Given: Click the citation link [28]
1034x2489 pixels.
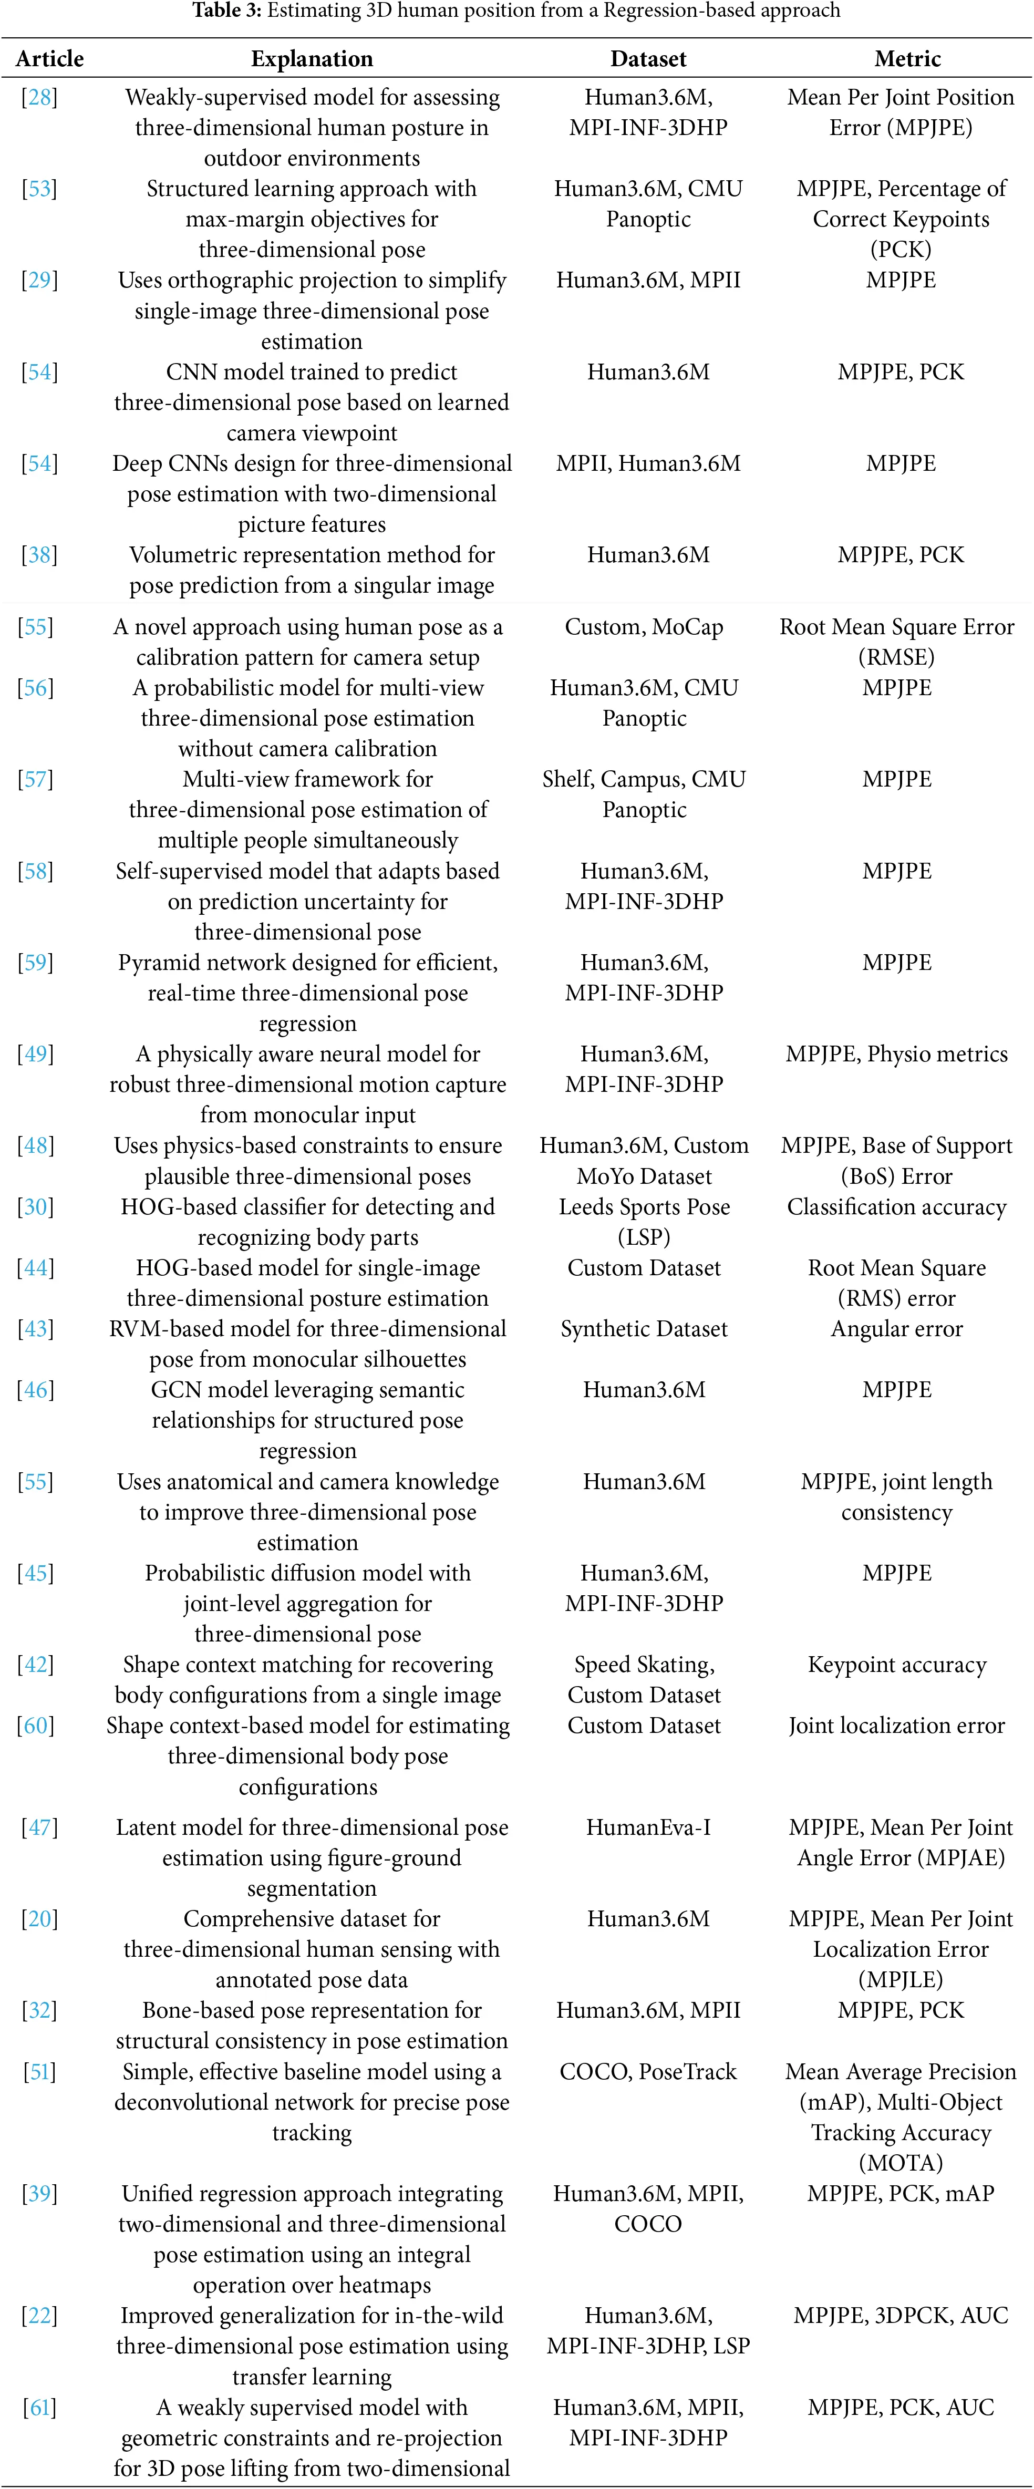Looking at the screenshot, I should pyautogui.click(x=39, y=98).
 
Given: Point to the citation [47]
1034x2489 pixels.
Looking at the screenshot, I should pyautogui.click(x=39, y=1827).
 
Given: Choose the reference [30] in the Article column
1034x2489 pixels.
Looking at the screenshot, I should pyautogui.click(x=36, y=1207).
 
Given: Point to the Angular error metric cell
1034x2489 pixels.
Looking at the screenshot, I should pyautogui.click(x=897, y=1328).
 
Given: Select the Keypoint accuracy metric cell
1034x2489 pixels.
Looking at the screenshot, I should pyautogui.click(x=897, y=1665).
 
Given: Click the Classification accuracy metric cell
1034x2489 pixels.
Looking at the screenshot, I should pyautogui.click(x=897, y=1207).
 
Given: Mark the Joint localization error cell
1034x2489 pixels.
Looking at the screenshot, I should pyautogui.click(x=897, y=1726).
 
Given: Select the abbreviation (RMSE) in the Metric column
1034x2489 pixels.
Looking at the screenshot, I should pyautogui.click(x=897, y=657).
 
